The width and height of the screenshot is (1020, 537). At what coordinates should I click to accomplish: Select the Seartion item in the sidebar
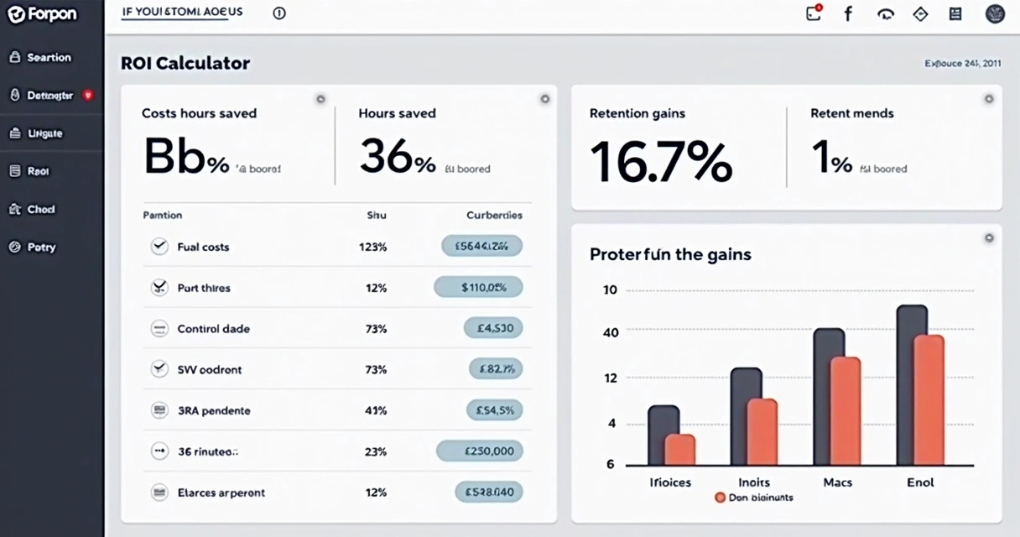[49, 58]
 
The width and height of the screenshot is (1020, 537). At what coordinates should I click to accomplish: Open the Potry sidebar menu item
[41, 248]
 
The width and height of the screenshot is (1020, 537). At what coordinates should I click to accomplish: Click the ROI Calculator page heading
[185, 63]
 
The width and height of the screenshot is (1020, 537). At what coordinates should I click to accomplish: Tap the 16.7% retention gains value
[660, 161]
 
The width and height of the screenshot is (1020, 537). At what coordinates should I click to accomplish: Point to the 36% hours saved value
[398, 157]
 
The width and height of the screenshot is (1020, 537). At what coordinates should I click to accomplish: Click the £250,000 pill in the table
[480, 451]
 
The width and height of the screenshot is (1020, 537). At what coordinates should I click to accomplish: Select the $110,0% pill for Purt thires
[478, 288]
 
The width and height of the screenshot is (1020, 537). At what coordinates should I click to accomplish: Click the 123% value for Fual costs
[372, 247]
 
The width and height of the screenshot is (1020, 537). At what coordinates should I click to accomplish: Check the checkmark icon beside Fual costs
[159, 247]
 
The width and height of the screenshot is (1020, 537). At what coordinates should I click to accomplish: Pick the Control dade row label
[213, 329]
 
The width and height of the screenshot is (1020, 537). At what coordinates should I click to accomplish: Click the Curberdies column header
[493, 215]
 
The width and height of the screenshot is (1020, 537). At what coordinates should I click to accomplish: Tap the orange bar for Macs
[845, 411]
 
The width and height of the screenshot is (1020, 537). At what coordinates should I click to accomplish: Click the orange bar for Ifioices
[680, 450]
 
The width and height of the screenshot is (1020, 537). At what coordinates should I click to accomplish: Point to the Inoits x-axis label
[754, 482]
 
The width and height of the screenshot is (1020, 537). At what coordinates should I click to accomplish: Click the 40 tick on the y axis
[611, 333]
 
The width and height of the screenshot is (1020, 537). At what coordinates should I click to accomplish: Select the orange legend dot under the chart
[720, 498]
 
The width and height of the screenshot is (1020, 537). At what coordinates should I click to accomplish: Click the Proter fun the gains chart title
[670, 254]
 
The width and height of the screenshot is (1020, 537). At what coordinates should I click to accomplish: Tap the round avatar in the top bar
[995, 13]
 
